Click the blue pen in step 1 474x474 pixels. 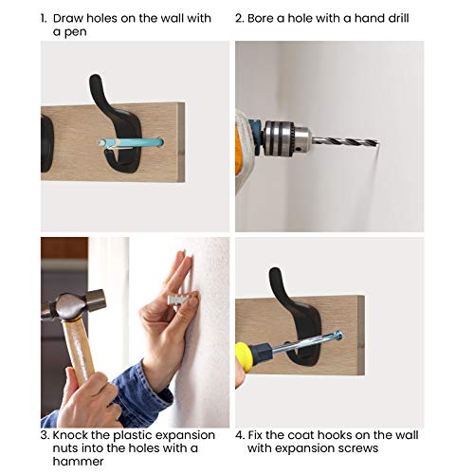click(x=130, y=142)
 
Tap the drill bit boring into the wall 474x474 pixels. click(x=345, y=140)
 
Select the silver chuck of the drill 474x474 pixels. click(x=286, y=137)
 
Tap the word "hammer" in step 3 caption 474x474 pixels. click(x=78, y=461)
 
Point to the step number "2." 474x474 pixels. click(x=240, y=18)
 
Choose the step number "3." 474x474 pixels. click(x=46, y=435)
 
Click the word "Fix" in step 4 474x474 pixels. click(x=255, y=435)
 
